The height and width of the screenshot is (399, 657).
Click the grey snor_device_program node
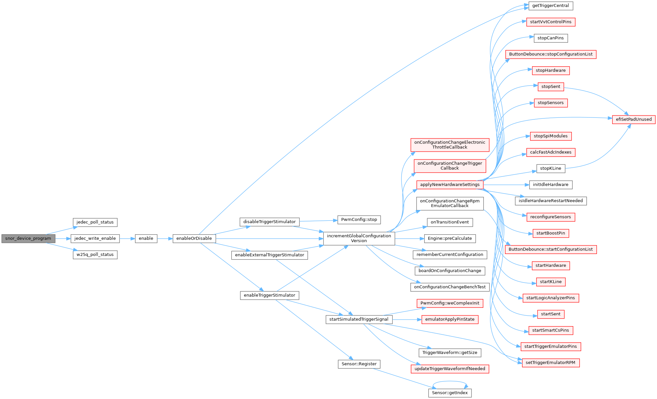28,239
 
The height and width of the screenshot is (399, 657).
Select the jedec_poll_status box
95,222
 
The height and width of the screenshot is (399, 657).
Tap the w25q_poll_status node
95,255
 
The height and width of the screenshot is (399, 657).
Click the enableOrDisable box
194,239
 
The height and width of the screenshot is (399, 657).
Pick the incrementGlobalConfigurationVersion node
359,238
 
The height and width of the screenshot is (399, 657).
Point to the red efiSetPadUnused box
634,119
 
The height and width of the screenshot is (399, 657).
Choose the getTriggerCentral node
551,6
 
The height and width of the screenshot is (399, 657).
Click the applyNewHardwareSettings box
450,185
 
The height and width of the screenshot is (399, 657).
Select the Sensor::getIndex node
450,393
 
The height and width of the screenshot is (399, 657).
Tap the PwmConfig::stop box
359,220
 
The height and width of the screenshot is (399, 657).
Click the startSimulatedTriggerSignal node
359,320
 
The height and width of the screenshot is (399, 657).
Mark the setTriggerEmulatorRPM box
551,363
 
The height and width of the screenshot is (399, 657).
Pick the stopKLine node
551,169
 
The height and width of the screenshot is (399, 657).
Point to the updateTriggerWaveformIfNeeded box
450,369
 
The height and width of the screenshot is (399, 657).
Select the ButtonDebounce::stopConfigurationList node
551,54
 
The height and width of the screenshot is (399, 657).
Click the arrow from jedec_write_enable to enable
127,239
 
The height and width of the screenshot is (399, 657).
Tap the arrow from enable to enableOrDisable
165,239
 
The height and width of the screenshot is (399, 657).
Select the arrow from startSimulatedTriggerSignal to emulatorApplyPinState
407,320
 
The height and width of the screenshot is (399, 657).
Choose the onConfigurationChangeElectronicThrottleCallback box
450,145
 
